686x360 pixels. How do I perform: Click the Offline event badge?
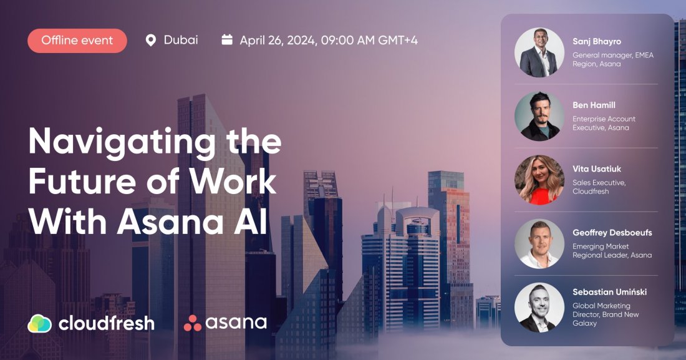77,41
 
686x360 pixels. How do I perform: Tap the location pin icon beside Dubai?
150,41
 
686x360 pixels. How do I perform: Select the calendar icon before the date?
227,40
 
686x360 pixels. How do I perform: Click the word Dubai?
181,40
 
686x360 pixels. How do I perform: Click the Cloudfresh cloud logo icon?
39,323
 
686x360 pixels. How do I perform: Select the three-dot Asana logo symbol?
192,323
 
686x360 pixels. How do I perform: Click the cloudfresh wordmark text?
106,323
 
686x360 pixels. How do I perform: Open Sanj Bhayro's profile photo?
539,52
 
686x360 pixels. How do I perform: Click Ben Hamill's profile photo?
539,116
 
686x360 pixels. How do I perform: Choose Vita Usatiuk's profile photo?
539,180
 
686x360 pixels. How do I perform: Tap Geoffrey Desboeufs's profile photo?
539,244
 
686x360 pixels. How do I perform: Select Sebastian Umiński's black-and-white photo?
539,308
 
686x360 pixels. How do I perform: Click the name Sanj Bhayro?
597,41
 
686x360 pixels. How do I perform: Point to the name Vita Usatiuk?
597,168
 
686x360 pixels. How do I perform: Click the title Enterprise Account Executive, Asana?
604,123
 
